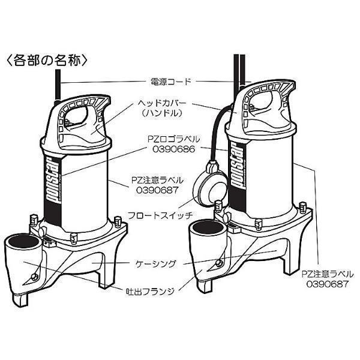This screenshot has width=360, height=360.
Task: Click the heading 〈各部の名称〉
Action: (x=48, y=60)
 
